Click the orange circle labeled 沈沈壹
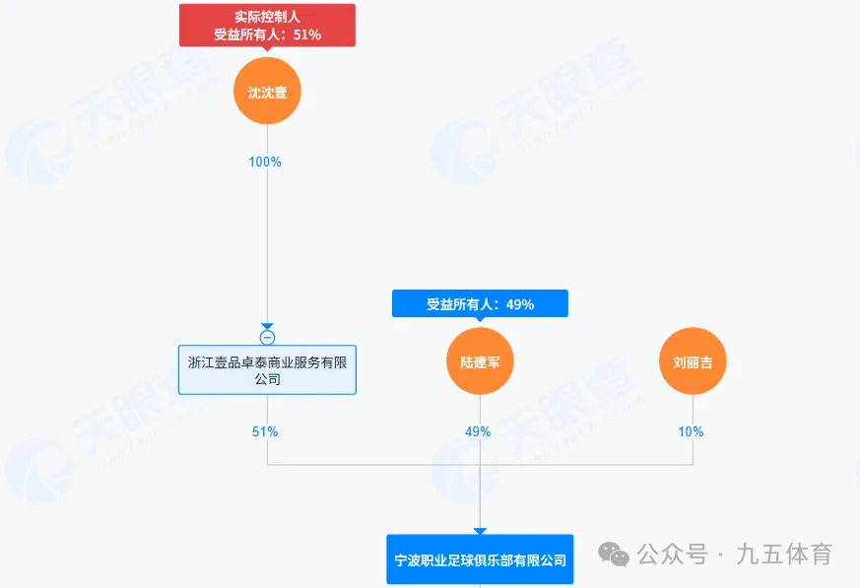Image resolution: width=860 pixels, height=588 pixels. tap(267, 92)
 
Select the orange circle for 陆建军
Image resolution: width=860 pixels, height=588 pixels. tap(480, 361)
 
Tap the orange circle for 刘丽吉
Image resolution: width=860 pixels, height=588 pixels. tap(693, 361)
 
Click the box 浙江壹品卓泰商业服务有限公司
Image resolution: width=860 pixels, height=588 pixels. tap(267, 369)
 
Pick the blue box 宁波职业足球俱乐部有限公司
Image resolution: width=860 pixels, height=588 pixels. tap(480, 559)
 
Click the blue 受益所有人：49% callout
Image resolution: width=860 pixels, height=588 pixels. tap(480, 303)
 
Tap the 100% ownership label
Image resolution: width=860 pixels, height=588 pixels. tap(266, 162)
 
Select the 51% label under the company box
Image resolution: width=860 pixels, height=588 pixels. tap(266, 431)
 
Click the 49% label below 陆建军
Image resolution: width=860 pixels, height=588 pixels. tap(479, 431)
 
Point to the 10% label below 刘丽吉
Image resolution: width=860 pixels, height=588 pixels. tap(692, 431)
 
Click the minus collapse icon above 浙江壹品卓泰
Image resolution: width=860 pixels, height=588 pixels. tap(267, 338)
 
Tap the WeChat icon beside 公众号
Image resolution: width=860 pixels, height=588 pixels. tap(618, 555)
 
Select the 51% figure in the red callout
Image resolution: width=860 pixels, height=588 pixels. tap(306, 34)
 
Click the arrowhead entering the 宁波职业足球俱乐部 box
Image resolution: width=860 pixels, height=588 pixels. tap(480, 531)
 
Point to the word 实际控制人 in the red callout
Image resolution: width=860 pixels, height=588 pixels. tap(267, 17)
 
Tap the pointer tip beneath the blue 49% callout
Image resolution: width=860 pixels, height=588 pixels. tap(480, 320)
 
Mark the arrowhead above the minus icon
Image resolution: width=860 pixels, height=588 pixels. tap(267, 326)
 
